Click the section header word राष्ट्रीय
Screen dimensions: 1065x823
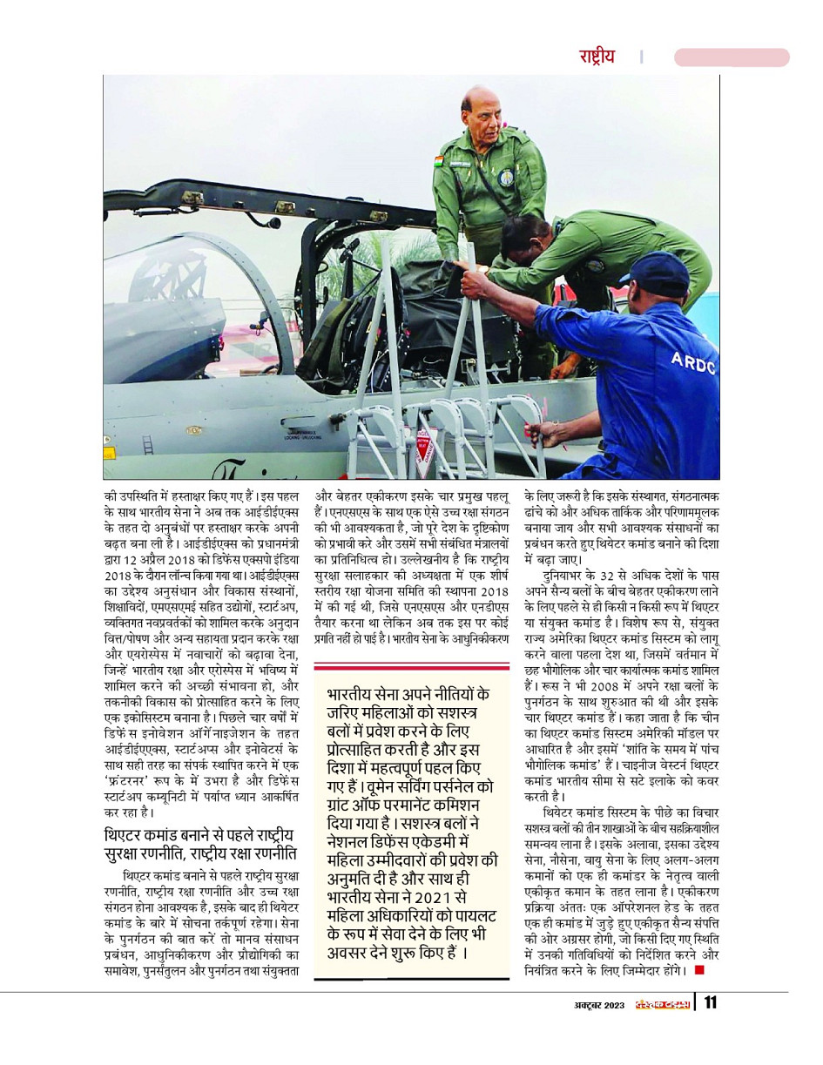(597, 57)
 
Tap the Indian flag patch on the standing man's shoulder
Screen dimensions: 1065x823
(439, 162)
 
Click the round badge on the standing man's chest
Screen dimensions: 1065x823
(506, 177)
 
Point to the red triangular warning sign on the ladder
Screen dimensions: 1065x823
(424, 448)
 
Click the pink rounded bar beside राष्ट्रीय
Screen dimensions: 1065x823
(732, 57)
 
